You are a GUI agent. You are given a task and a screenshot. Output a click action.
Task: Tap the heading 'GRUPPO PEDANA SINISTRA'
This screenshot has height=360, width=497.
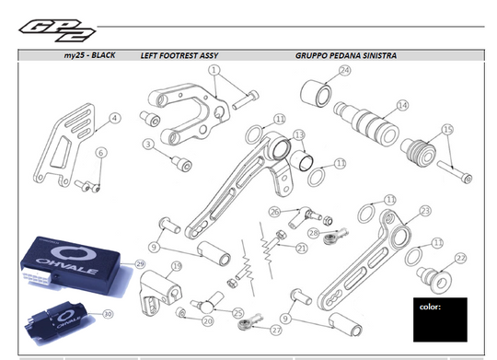(x=345, y=56)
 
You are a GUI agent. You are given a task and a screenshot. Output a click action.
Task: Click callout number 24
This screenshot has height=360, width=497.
(x=344, y=70)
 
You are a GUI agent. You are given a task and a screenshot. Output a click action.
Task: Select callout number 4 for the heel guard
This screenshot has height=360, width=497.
(x=114, y=118)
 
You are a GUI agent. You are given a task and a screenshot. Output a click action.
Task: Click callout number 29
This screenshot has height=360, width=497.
(x=141, y=263)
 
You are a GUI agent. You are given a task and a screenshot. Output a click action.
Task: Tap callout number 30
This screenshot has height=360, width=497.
(x=108, y=314)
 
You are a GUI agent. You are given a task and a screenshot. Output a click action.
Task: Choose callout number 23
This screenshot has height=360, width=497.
(x=424, y=211)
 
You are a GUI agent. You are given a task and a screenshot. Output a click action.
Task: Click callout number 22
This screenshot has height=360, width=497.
(x=461, y=258)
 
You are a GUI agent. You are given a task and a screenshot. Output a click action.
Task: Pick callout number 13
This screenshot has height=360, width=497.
(x=299, y=135)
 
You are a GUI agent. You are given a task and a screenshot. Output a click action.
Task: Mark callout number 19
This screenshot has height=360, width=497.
(x=177, y=266)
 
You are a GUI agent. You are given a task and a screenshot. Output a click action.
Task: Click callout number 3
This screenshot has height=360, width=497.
(x=147, y=144)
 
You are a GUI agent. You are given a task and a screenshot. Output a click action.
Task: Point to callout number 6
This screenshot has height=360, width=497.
(x=101, y=153)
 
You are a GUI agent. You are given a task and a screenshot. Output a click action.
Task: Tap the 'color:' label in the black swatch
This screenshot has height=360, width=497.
(x=430, y=307)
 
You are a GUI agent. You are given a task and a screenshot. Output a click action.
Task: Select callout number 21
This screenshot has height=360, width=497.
(x=301, y=248)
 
